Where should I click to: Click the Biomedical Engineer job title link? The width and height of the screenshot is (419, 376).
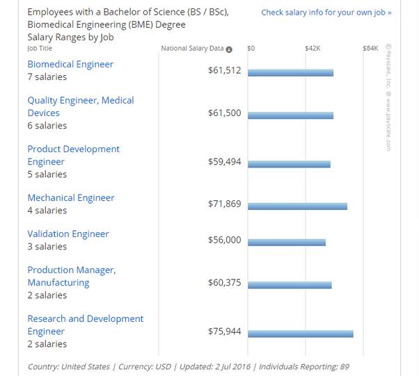pos(70,64)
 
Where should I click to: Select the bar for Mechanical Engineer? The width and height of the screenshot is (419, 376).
pos(297,206)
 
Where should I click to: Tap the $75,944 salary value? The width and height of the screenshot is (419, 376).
pos(224,331)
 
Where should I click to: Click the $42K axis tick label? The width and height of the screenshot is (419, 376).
pos(313,49)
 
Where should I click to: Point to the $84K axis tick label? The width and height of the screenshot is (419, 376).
pos(370,49)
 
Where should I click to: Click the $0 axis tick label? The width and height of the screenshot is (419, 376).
pos(251,49)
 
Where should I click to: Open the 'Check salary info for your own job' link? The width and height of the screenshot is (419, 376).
pos(326,13)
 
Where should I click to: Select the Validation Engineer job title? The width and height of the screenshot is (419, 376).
pos(68,234)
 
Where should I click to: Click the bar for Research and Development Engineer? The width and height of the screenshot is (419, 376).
pos(300,334)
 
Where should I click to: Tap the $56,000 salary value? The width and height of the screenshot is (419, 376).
pos(224,239)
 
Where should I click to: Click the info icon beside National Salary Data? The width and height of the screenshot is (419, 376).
pos(229,49)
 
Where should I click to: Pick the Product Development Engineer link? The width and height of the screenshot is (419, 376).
pos(73,155)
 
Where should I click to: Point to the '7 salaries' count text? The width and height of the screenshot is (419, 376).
pos(47,77)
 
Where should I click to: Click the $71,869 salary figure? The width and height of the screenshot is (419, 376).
pos(224,204)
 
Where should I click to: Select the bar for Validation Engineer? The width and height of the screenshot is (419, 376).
pos(286,243)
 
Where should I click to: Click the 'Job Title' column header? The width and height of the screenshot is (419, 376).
pos(40,49)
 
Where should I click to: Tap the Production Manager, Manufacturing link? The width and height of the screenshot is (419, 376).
pos(71,276)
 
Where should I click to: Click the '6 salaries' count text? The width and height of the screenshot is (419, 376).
pos(47,126)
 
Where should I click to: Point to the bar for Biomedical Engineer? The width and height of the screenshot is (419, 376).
pos(290,73)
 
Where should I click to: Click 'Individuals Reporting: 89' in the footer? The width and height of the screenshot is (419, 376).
pos(303,366)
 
